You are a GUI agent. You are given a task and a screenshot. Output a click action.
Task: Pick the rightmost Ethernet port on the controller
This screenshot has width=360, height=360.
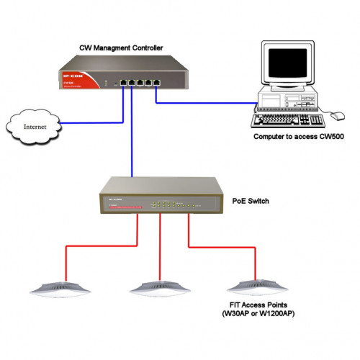coord(154,81)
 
